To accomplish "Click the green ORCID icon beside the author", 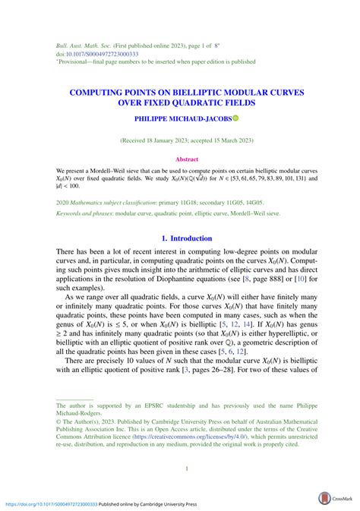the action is point(235,119).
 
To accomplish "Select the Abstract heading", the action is point(187,159).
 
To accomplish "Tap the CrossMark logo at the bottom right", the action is point(334,498).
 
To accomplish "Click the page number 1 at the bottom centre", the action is point(187,468).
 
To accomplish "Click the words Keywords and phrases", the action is point(84,214).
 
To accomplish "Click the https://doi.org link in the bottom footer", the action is point(53,503).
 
